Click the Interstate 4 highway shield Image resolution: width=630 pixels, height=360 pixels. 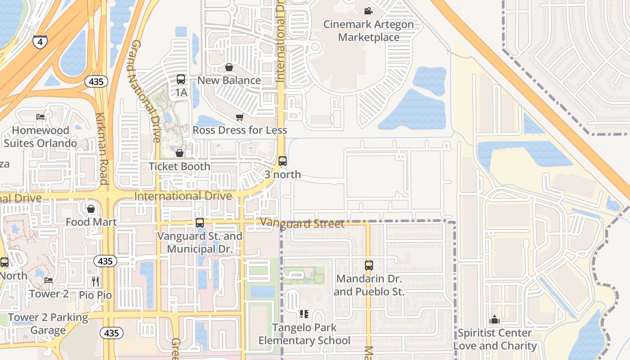pos(40,42)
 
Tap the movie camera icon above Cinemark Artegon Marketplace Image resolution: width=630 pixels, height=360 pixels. pos(369,11)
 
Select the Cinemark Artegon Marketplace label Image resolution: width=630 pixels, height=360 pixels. pos(369,31)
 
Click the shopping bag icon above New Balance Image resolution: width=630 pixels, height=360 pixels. pos(229,67)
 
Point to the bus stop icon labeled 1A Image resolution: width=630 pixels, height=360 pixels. pos(181,79)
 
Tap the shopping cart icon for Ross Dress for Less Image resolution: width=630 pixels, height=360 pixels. pos(239,117)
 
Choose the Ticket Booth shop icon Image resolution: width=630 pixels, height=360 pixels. pos(180,153)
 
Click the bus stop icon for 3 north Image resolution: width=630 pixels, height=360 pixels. pos(283,161)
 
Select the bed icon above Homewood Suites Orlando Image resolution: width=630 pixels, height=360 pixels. pos(40,117)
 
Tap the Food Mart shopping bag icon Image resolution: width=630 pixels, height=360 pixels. pos(91,209)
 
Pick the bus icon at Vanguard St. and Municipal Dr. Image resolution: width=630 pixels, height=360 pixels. pos(200,222)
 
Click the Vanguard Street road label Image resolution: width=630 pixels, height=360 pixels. pos(302,223)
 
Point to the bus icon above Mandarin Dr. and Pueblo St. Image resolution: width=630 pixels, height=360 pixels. pos(369,265)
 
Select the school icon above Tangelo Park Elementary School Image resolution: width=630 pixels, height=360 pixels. pos(304,314)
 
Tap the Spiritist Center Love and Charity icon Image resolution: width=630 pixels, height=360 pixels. pos(495,320)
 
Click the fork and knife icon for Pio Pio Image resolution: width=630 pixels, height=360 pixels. pos(95,282)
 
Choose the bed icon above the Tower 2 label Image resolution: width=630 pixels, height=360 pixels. pos(49,280)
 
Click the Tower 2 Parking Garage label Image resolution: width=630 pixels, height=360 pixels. pos(48,324)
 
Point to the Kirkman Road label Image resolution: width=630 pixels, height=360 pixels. pos(102,148)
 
